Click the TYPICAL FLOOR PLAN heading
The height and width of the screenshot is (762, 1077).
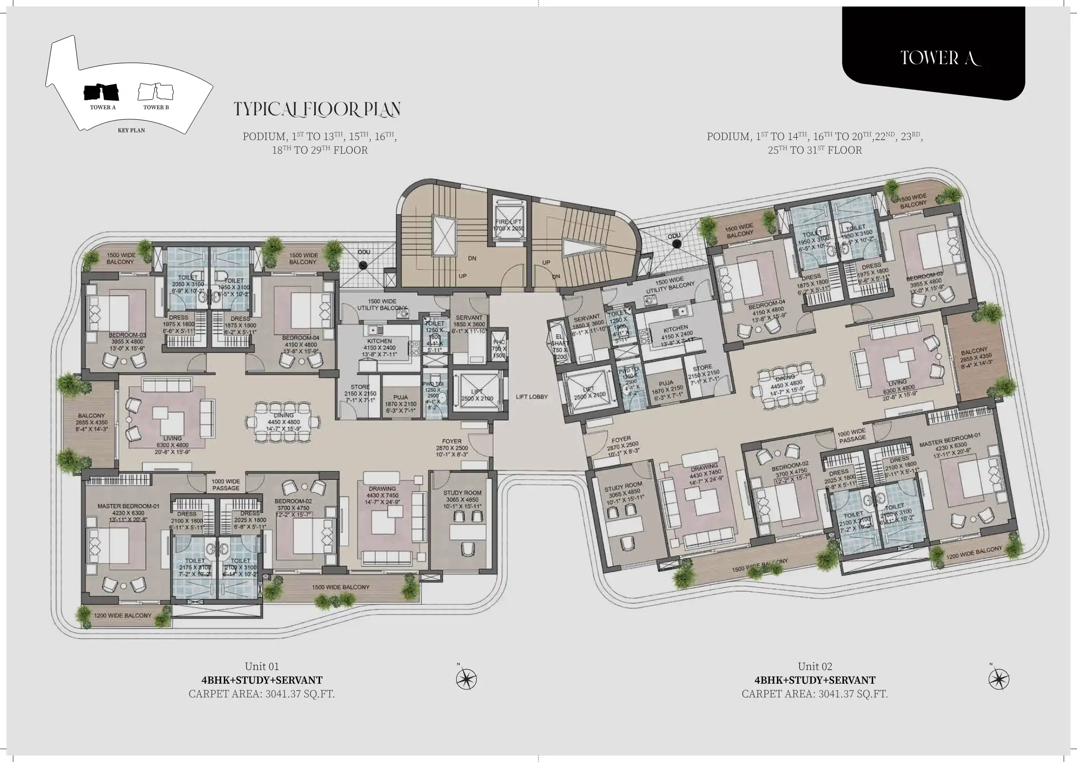tap(317, 109)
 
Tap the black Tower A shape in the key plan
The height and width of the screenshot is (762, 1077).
tap(101, 91)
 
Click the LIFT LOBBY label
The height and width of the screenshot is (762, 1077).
tap(532, 397)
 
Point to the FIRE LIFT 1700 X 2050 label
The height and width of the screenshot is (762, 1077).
tap(508, 225)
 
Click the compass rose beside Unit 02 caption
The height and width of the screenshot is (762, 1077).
tap(999, 679)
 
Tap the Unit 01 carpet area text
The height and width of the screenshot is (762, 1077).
tap(262, 693)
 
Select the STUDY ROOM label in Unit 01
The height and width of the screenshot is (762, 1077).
tap(462, 493)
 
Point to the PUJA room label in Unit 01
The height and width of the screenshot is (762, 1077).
tap(401, 397)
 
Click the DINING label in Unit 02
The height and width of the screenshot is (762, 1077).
tap(785, 378)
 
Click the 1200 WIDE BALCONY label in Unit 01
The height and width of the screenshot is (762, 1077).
tap(123, 616)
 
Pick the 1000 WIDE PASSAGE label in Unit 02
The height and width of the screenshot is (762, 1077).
tap(851, 435)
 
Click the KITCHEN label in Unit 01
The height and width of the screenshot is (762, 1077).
tap(379, 341)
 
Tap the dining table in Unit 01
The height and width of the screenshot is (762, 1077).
tap(284, 422)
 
